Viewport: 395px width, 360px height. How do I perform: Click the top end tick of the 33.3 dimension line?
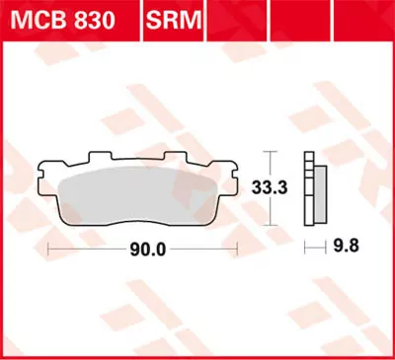[273, 151]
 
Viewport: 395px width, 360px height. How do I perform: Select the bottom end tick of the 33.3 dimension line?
[273, 221]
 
